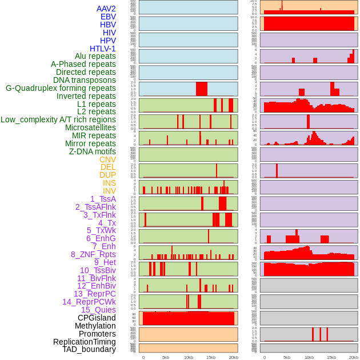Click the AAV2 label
[106, 9]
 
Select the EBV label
[108, 17]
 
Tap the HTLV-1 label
[103, 49]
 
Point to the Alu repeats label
[95, 56]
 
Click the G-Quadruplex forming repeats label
[61, 88]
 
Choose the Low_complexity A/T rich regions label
[58, 119]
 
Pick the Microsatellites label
[90, 127]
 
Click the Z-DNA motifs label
[93, 151]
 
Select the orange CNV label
[107, 159]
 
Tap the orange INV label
[109, 191]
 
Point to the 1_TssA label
[103, 199]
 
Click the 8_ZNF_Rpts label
[93, 254]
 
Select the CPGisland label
[97, 318]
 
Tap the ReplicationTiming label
[85, 342]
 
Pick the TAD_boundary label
[89, 349]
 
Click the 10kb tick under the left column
[189, 357]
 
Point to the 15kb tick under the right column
[331, 357]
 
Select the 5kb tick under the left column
[166, 357]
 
